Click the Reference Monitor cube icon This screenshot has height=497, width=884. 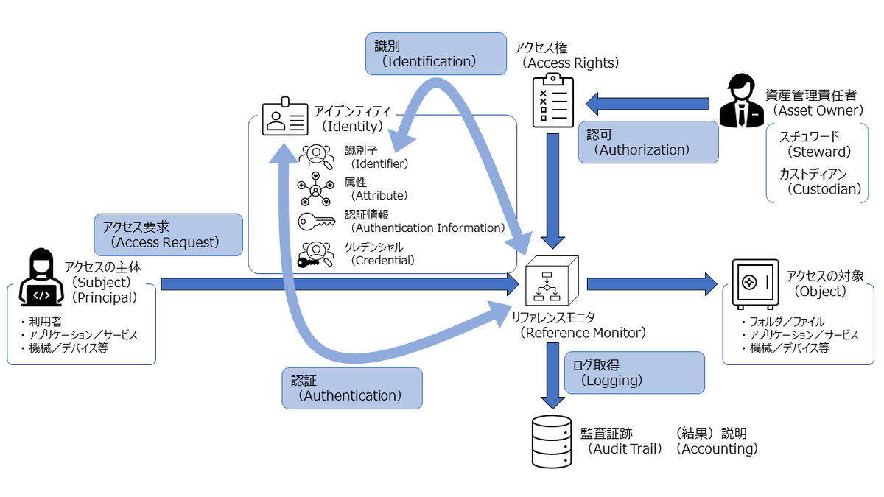pyautogui.click(x=552, y=283)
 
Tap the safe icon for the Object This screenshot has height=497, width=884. pyautogui.click(x=754, y=283)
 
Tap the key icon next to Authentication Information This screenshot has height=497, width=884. pyautogui.click(x=316, y=221)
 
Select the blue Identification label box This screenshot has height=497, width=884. pyautogui.click(x=435, y=54)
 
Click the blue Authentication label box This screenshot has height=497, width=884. pyautogui.click(x=351, y=388)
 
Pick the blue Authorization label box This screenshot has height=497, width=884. pyautogui.click(x=648, y=142)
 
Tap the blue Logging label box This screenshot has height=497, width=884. pyautogui.click(x=634, y=372)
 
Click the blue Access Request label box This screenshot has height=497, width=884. pyautogui.click(x=168, y=234)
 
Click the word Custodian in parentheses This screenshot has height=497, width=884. pyautogui.click(x=824, y=189)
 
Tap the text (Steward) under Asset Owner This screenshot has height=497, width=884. pyautogui.click(x=818, y=152)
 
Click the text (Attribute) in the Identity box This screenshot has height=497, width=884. pyautogui.click(x=379, y=196)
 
